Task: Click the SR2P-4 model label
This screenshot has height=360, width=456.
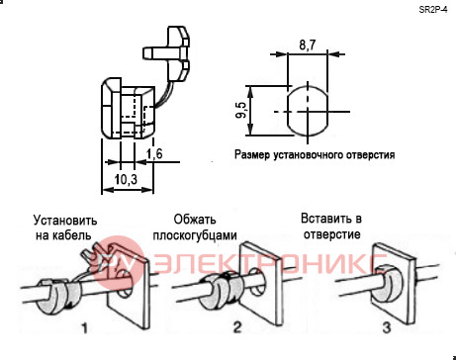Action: tap(433, 10)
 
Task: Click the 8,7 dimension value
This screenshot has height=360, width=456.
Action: tap(308, 45)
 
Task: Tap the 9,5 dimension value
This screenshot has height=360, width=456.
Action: tap(241, 110)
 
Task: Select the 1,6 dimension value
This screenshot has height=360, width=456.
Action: tap(154, 153)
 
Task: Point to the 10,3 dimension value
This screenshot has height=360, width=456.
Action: tap(126, 179)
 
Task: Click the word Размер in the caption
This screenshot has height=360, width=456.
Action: tap(252, 154)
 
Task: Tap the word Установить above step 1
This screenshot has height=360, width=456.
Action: tap(65, 221)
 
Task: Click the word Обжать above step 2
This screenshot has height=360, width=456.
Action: tap(195, 220)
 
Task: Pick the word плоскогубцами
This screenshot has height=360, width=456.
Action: tap(195, 235)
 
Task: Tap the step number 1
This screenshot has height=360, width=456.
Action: tap(85, 328)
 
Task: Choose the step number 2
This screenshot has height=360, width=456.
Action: tap(237, 327)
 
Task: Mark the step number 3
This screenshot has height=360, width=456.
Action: tap(387, 327)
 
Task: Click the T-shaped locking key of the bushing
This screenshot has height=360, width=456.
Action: tap(167, 54)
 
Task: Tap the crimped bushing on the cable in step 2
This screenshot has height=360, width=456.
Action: tap(221, 291)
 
